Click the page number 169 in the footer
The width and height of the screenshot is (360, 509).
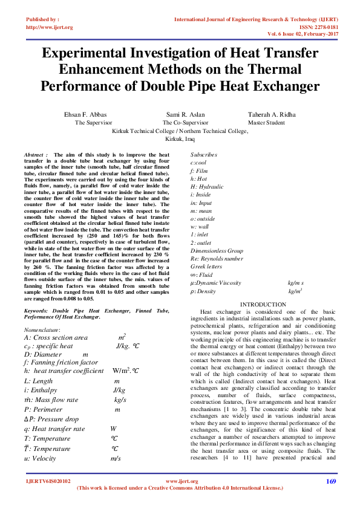coord(330,482)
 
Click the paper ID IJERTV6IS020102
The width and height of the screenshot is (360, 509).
coord(48,482)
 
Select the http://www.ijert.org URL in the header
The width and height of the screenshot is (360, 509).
coord(50,27)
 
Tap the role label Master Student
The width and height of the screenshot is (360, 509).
coord(266,122)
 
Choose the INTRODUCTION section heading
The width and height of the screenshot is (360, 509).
coord(263,304)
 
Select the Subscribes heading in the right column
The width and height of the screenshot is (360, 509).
coord(204,155)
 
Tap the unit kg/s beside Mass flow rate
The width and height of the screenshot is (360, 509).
coord(120,400)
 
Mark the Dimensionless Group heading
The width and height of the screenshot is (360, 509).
coord(217,250)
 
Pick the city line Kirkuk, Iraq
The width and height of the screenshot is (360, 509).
coord(180,138)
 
